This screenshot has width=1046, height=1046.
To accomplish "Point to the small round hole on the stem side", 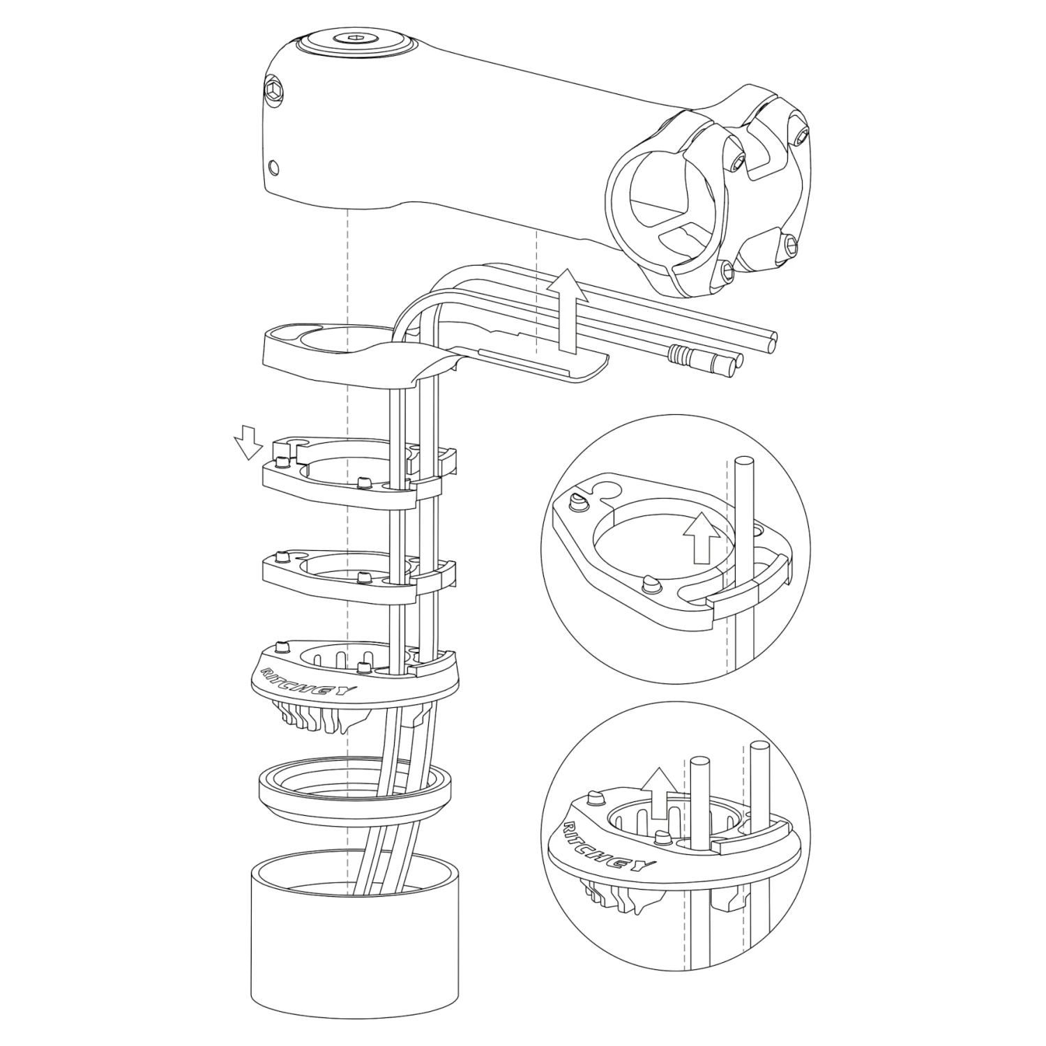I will point(273,167).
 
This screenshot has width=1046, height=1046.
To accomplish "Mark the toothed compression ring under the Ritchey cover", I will point(310,718).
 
